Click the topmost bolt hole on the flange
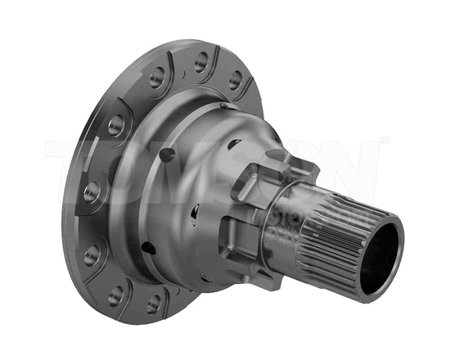[x=200, y=61]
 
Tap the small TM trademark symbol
[x=385, y=141]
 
